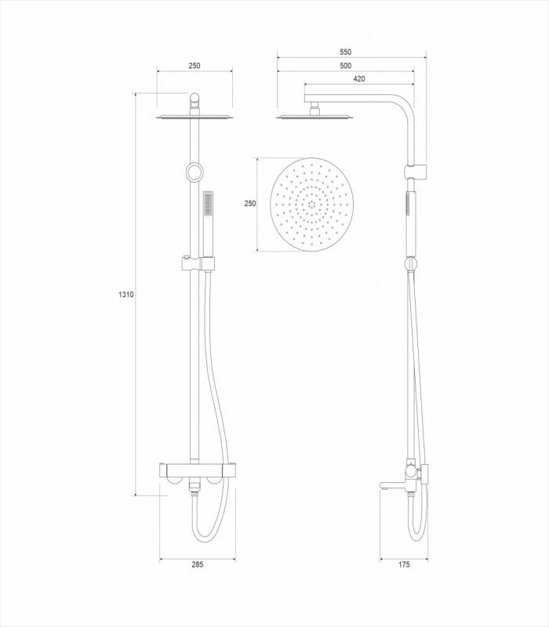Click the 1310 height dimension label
126,295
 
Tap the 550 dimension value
345,52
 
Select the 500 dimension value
345,66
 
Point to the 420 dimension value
359,79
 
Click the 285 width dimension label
198,564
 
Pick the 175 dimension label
404,564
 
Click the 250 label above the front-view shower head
195,66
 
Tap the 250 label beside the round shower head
250,204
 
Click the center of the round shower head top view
311,205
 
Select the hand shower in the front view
208,225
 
